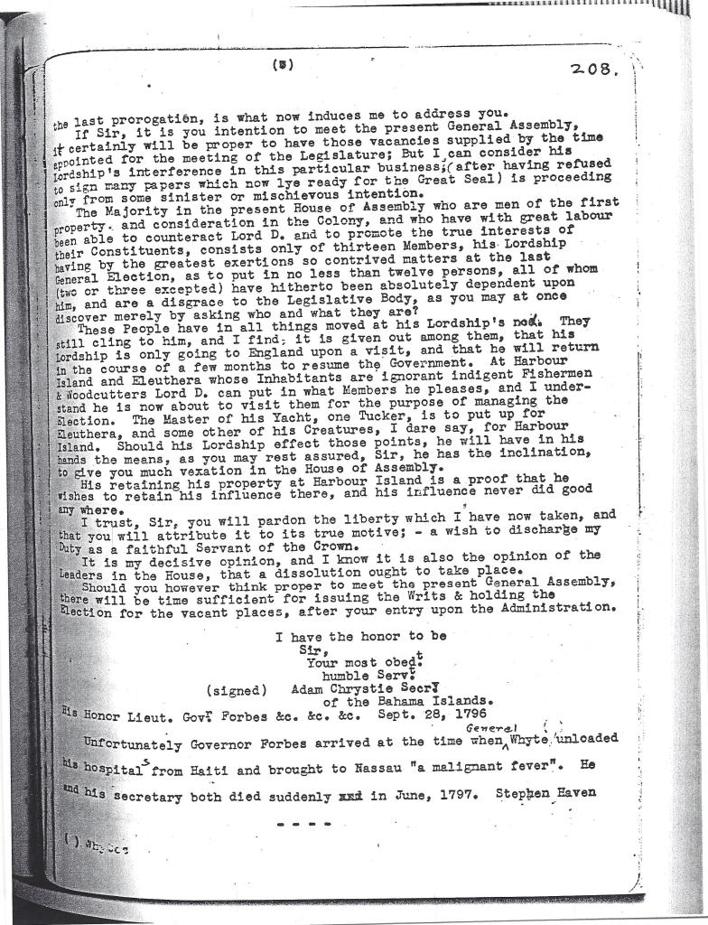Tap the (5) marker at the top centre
(x=283, y=65)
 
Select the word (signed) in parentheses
(x=237, y=690)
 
